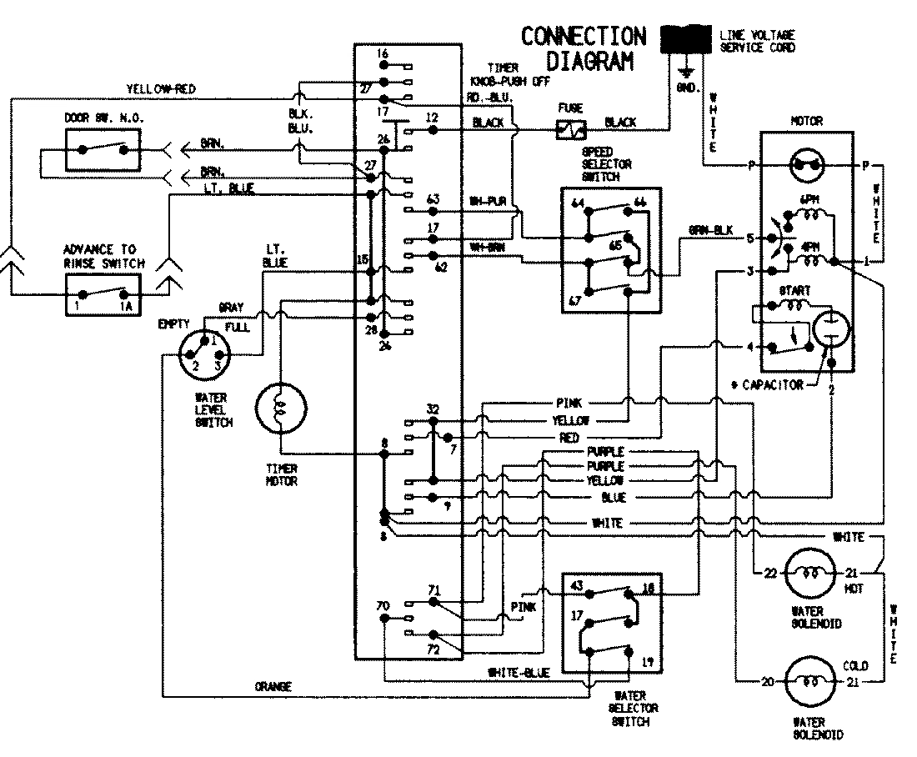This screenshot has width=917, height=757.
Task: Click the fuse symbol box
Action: click(572, 129)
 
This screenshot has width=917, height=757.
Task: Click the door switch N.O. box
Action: click(103, 150)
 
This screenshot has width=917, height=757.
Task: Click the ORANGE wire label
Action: click(273, 687)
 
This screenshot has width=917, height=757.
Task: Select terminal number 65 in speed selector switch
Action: click(615, 245)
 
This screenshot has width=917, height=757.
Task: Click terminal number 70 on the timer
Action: click(383, 605)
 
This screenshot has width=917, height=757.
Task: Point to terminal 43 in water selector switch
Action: click(576, 585)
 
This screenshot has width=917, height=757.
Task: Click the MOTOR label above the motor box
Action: click(805, 121)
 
